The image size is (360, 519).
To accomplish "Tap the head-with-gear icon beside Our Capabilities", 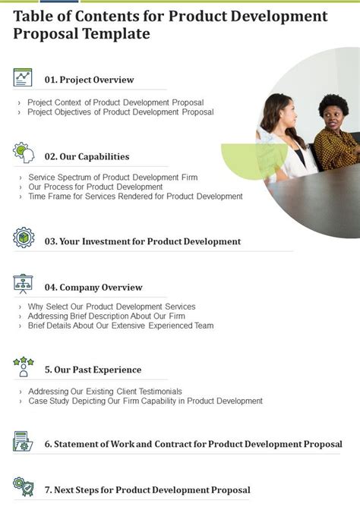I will click(23, 154).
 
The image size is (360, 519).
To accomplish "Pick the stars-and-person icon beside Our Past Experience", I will click(23, 368).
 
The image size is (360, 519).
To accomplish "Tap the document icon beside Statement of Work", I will click(23, 442).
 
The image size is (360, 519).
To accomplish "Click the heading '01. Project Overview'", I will click(90, 80).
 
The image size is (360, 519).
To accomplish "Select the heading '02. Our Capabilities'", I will click(87, 156).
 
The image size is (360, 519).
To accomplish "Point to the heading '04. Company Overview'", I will click(93, 288).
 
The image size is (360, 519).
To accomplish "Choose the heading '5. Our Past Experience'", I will click(93, 370).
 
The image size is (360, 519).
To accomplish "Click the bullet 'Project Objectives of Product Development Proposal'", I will click(121, 112).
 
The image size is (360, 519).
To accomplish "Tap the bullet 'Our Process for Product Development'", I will click(96, 187).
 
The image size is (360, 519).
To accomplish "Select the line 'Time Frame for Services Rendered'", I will click(135, 197).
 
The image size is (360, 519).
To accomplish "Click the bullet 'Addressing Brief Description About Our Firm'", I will click(106, 316).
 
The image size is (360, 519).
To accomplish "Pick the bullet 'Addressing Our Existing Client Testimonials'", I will click(106, 391).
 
